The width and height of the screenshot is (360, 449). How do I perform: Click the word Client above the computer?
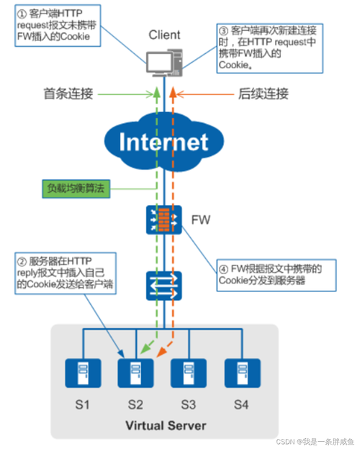pyautogui.click(x=164, y=35)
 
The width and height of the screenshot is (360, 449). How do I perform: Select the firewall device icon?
pyautogui.click(x=163, y=219)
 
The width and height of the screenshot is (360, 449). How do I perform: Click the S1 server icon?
pyautogui.click(x=82, y=372)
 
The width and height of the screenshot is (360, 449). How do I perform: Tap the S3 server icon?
pyautogui.click(x=187, y=372)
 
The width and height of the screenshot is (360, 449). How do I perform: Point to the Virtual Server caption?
pyautogui.click(x=163, y=425)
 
